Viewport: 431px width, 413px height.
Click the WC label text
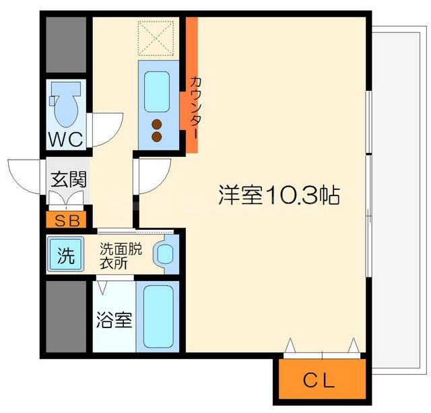tap(65, 139)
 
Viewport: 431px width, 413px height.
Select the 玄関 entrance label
tap(68, 180)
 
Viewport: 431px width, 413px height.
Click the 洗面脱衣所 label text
tap(121, 255)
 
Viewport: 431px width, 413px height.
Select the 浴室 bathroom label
tap(114, 319)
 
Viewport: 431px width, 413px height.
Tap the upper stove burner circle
tap(157, 123)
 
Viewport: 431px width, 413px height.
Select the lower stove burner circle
tap(157, 137)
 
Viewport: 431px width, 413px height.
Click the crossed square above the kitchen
tap(156, 40)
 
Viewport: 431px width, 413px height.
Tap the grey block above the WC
tap(66, 43)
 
